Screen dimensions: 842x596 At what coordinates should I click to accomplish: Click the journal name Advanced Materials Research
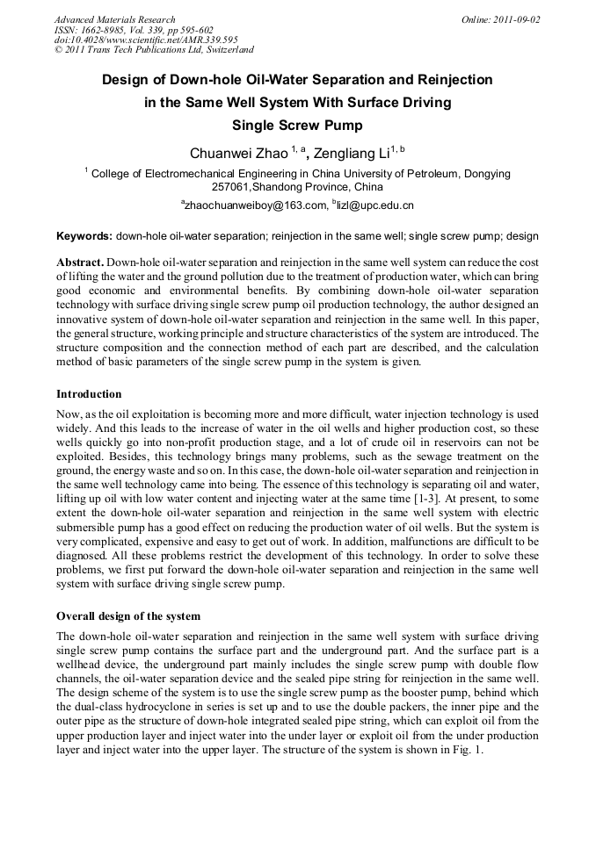click(x=114, y=19)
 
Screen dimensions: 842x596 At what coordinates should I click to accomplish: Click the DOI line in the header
click(x=146, y=40)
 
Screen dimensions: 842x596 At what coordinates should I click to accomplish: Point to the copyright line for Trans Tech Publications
click(x=154, y=51)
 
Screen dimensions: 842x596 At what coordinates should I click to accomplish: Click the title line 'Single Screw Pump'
click(x=297, y=125)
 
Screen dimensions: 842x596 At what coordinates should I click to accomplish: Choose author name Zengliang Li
click(x=352, y=153)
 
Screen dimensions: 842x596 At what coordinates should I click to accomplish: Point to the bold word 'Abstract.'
click(x=80, y=263)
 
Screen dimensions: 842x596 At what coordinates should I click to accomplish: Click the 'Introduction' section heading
click(x=89, y=393)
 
